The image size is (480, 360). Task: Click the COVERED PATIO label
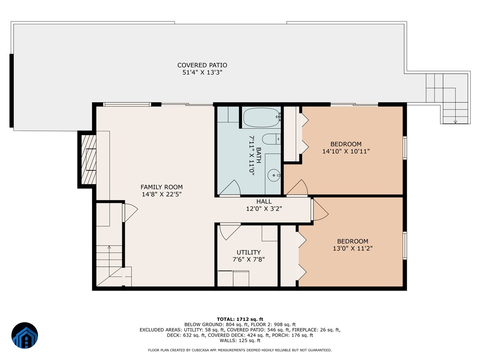click(x=202, y=65)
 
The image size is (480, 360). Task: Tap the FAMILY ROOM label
click(x=162, y=187)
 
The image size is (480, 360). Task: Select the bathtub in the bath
click(x=260, y=117)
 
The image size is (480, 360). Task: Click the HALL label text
click(x=264, y=202)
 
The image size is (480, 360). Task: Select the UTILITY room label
click(x=248, y=252)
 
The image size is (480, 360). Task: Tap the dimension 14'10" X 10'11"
click(x=346, y=152)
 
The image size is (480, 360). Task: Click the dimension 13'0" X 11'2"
click(x=352, y=248)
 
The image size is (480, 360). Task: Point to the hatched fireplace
click(x=88, y=160)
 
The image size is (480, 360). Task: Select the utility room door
click(x=229, y=232)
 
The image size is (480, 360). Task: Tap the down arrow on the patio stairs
click(x=455, y=121)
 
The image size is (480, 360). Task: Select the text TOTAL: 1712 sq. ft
click(x=240, y=319)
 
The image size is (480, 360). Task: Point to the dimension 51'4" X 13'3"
click(x=202, y=72)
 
